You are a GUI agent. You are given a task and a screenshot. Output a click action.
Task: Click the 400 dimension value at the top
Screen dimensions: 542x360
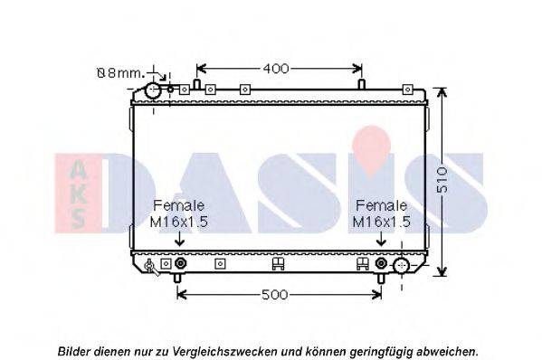tap(276, 69)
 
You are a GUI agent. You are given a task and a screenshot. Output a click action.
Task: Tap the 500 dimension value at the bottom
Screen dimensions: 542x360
tap(275, 295)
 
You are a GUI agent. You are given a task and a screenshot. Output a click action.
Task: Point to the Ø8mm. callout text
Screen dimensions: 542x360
tap(119, 73)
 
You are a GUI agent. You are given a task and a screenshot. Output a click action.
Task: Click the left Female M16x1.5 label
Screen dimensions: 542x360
tap(179, 213)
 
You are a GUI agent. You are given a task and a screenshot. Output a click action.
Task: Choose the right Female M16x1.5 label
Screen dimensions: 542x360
tap(381, 213)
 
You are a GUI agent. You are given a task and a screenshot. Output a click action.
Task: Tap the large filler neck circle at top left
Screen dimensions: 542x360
tap(153, 90)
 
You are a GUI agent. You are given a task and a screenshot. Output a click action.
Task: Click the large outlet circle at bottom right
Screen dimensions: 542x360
tap(402, 265)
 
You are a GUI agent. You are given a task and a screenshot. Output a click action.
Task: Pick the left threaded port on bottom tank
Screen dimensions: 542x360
tap(180, 263)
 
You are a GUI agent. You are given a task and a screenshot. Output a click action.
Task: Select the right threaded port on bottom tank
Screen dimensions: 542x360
tap(381, 263)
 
